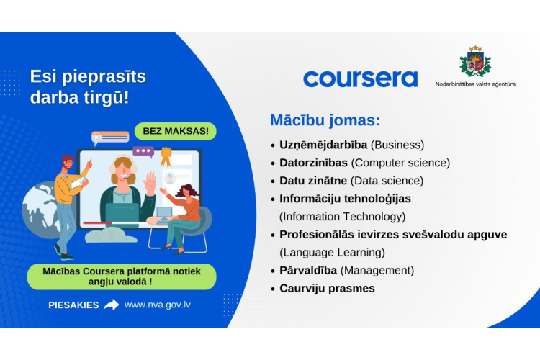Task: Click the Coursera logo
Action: click(360, 78)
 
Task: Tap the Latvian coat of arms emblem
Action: click(475, 61)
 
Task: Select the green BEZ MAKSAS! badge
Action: click(175, 131)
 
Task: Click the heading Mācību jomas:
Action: click(325, 120)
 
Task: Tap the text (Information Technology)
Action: click(342, 216)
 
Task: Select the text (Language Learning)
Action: click(332, 252)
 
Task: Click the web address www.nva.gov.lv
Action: click(158, 305)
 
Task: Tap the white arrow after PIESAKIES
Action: click(111, 305)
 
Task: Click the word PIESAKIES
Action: click(73, 305)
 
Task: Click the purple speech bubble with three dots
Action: click(143, 152)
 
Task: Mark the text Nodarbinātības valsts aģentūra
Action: click(475, 84)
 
